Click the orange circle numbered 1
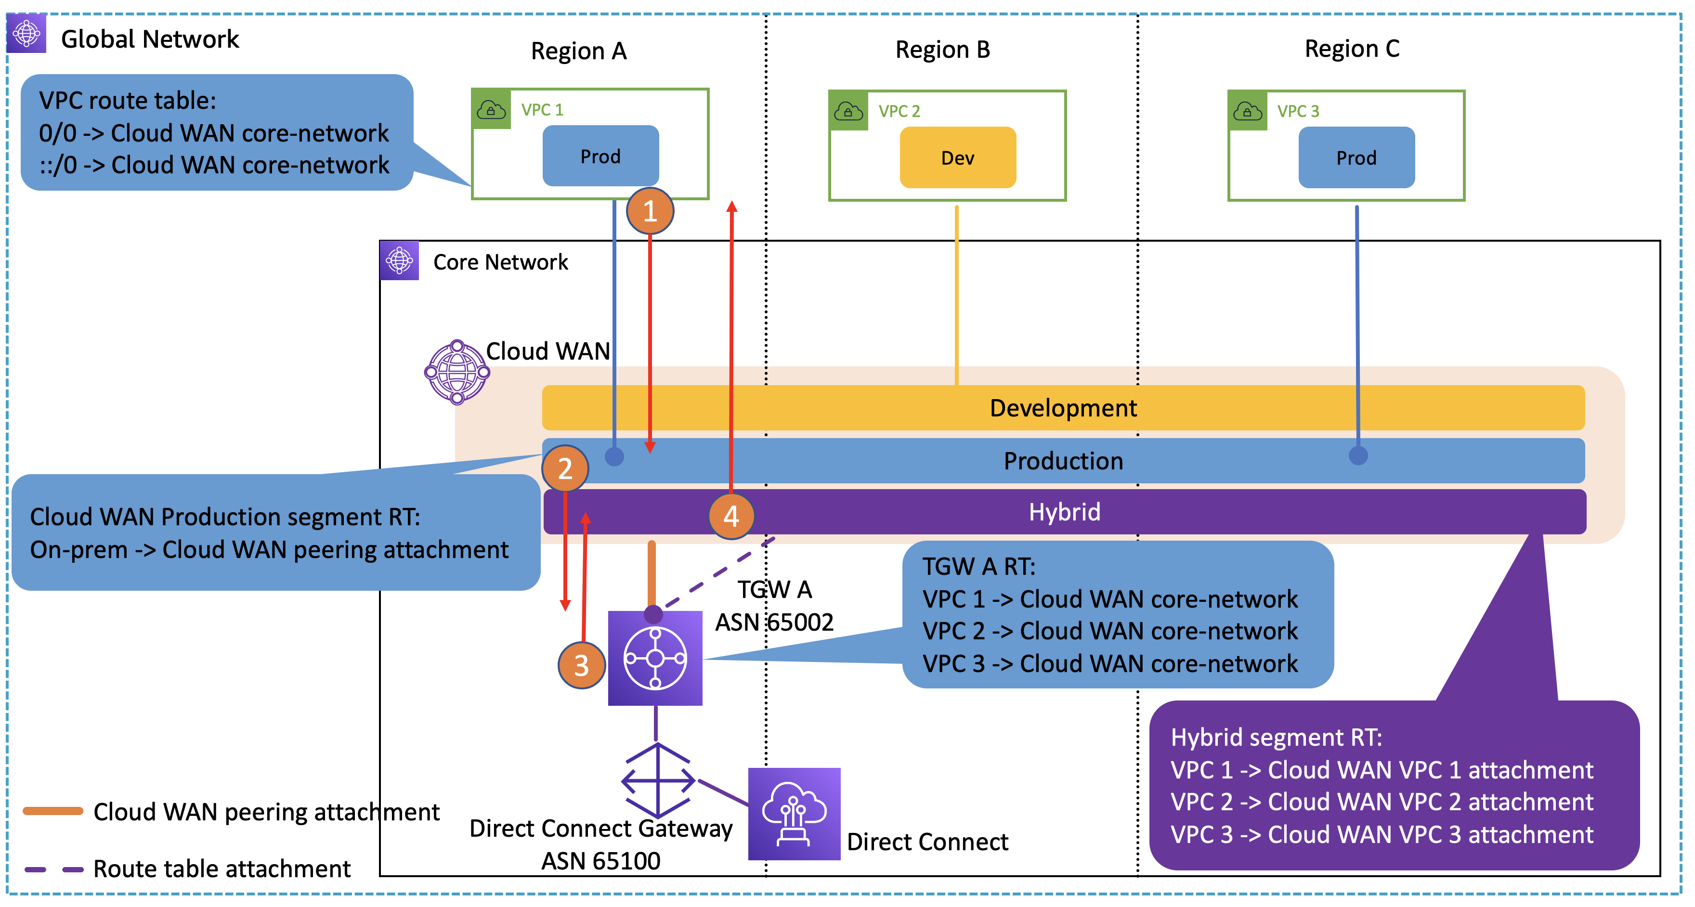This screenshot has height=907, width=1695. point(650,211)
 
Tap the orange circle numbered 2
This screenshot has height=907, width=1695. point(564,468)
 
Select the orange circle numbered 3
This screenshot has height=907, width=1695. point(581,665)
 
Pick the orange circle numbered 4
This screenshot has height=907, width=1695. point(731,516)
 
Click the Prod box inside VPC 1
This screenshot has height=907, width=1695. point(600,156)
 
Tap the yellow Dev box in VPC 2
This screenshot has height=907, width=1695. point(957,158)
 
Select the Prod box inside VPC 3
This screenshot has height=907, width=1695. point(1356,158)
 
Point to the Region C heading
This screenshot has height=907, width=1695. point(1352,49)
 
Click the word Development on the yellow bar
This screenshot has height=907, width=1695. point(1063,408)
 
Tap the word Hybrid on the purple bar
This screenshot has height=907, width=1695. point(1064,512)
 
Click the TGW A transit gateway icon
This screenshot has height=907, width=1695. point(655,658)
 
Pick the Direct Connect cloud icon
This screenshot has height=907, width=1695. point(794,814)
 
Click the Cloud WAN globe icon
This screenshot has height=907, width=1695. point(456,372)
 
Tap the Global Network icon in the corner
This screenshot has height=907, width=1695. point(26,33)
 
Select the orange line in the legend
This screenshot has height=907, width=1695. point(52,811)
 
